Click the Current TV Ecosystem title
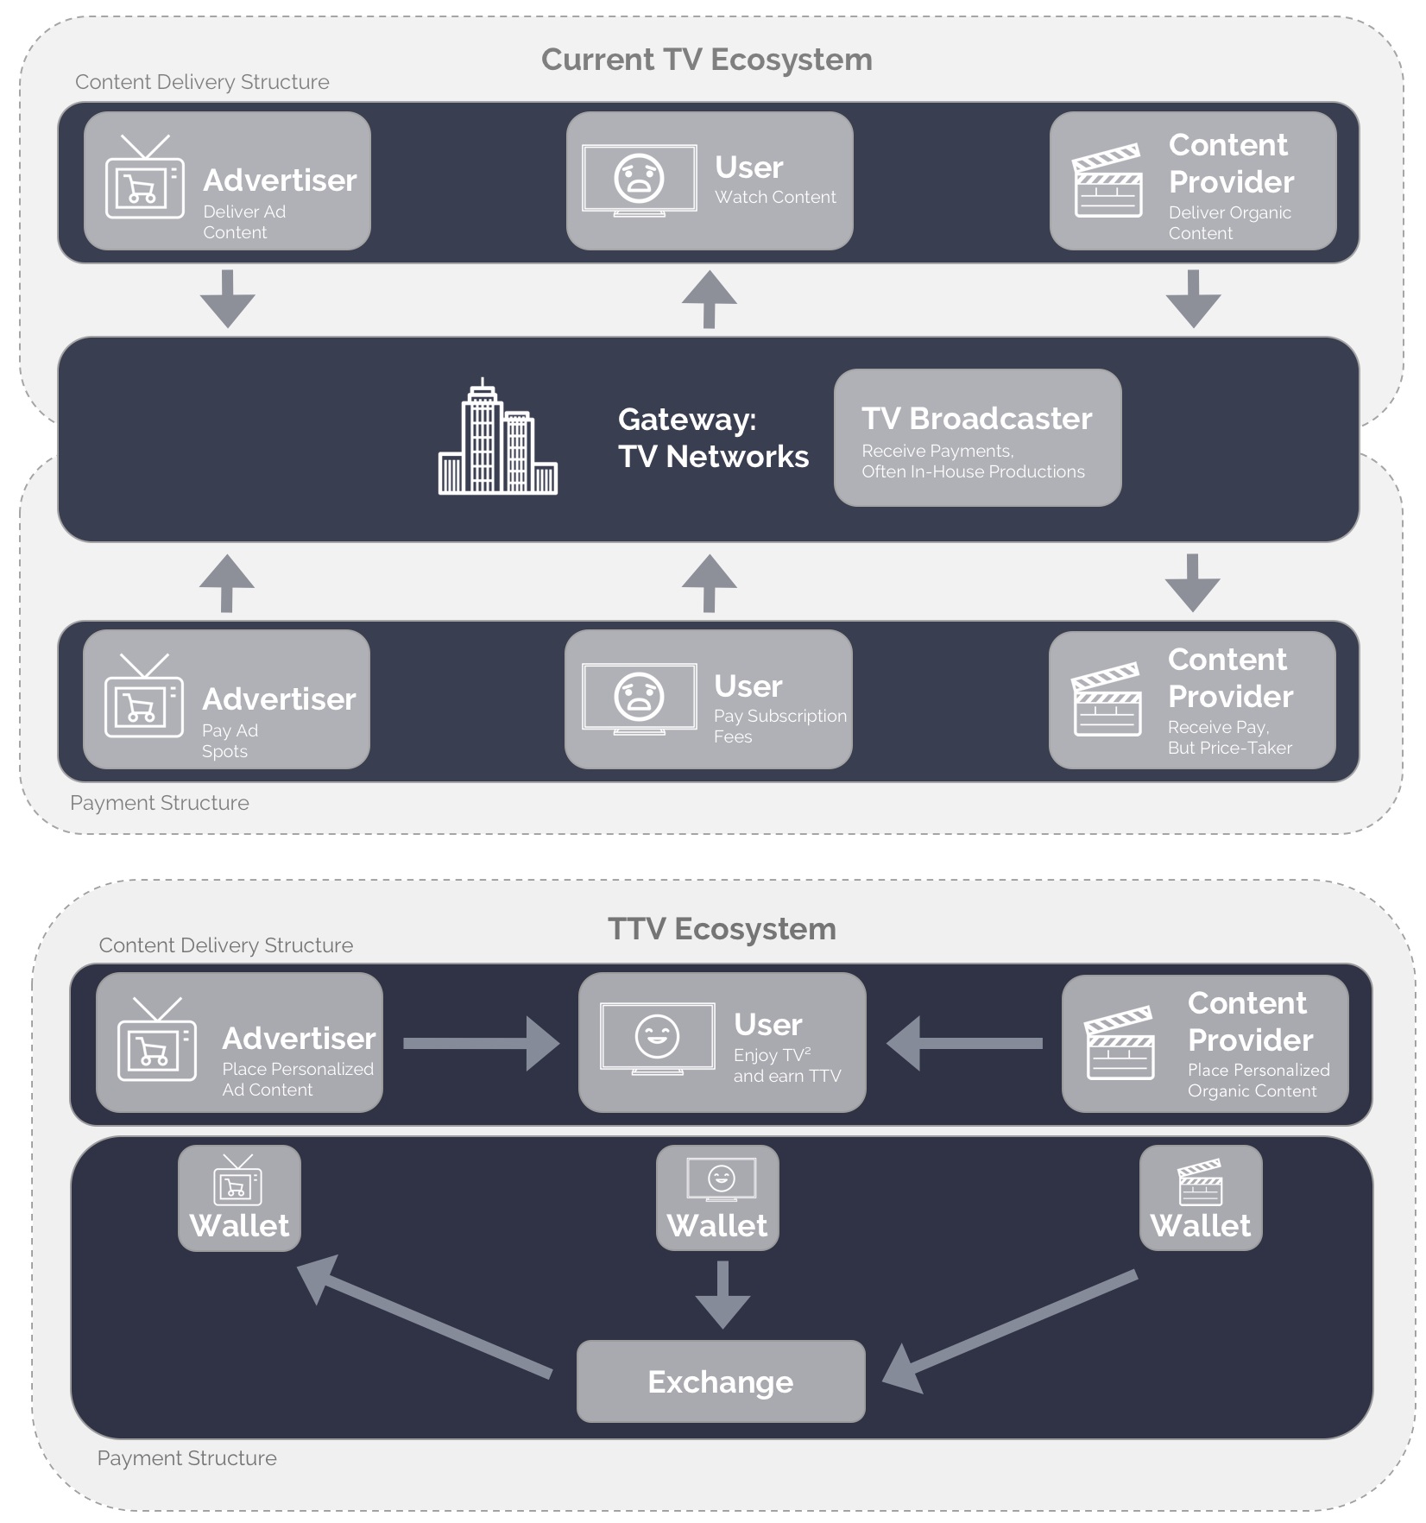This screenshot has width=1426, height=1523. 706,60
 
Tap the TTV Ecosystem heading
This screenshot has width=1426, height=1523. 722,929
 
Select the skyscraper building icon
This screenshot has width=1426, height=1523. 497,438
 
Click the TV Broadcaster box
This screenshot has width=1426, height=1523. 977,438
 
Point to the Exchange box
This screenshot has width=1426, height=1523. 720,1381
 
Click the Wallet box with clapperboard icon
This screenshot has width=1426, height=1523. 1200,1198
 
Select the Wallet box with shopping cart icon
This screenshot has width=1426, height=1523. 239,1198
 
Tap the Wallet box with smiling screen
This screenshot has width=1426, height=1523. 716,1198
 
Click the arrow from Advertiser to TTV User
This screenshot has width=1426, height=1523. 480,1043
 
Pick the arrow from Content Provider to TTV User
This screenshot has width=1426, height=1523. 964,1043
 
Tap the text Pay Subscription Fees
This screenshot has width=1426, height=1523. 779,726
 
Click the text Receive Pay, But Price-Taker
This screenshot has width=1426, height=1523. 1229,737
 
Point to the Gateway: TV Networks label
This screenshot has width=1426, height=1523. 712,438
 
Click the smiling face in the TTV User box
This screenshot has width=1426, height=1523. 657,1036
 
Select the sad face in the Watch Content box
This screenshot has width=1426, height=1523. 639,178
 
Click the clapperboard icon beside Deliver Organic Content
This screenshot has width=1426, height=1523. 1107,181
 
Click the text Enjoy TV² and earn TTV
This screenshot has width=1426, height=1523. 786,1065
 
